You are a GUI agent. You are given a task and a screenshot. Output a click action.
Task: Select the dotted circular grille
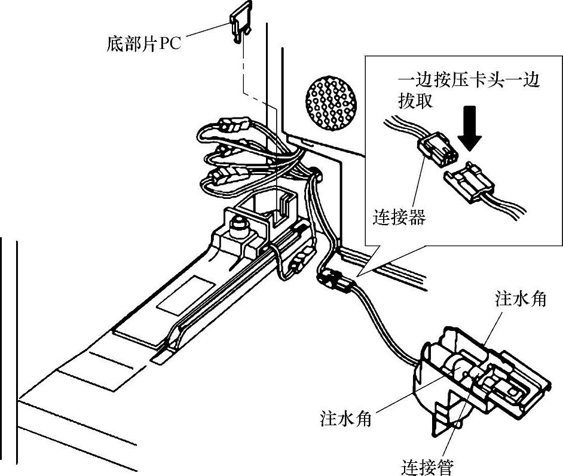coord(332,103)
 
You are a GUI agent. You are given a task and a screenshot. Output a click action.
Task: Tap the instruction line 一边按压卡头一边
coord(469,81)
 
